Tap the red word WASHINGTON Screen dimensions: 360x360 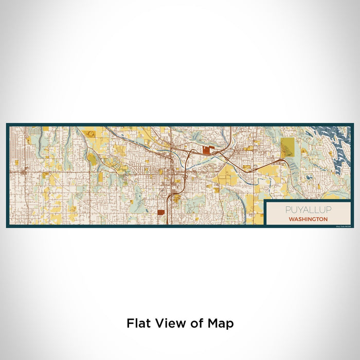click(x=309, y=219)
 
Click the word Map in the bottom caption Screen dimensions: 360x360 click(x=220, y=323)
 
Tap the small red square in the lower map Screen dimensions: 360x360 click(x=161, y=212)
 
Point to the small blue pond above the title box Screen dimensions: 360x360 click(x=309, y=177)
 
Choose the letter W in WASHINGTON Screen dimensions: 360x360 click(x=292, y=219)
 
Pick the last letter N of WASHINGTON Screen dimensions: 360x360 click(x=326, y=219)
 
